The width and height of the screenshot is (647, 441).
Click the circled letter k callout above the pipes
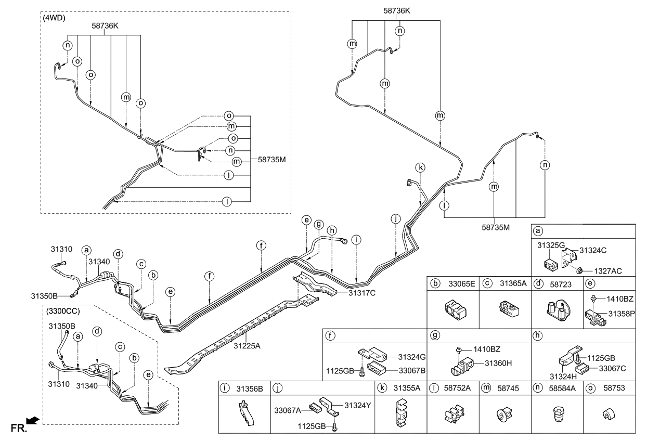click(420, 167)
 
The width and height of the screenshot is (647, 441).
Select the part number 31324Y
click(356, 406)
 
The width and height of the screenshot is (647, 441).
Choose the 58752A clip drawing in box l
click(453, 416)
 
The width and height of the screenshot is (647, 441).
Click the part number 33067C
click(612, 368)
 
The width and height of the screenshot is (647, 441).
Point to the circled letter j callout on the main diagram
click(396, 219)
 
